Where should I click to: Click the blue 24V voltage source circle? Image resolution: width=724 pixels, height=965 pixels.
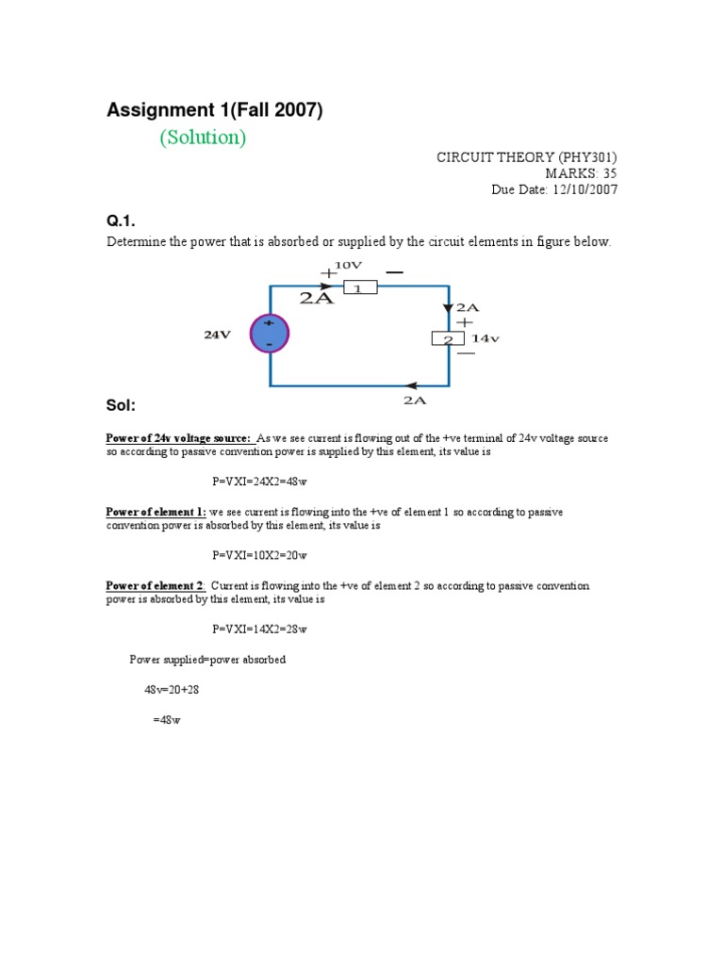tap(270, 334)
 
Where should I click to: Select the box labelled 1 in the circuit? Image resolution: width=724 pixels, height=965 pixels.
tap(359, 287)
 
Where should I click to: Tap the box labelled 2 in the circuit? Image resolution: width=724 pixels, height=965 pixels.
tap(449, 339)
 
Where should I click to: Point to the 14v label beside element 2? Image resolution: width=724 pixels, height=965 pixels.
tap(485, 338)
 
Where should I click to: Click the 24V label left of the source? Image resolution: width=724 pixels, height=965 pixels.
tap(217, 335)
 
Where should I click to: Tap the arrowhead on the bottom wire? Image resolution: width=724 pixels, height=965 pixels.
tap(412, 384)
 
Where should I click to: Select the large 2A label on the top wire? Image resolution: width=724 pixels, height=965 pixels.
tap(317, 298)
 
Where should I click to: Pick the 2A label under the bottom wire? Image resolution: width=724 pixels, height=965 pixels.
tap(415, 400)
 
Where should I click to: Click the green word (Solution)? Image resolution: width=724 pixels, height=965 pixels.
tap(203, 138)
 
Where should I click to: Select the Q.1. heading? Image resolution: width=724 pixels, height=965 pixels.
tap(121, 221)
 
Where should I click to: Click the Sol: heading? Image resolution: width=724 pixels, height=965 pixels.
tap(122, 405)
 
